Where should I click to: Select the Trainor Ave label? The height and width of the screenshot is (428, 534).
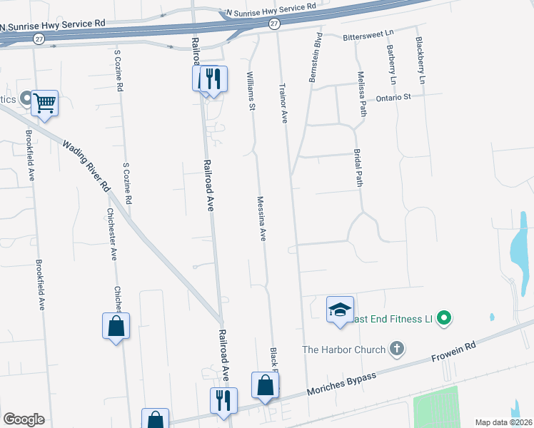283,101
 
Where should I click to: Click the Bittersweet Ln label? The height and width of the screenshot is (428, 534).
368,34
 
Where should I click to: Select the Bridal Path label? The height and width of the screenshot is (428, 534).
358,168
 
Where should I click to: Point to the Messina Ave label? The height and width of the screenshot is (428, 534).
261,218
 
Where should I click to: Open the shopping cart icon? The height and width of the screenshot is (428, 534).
44,103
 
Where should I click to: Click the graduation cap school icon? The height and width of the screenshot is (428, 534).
341,310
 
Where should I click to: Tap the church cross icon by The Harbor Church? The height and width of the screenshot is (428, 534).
398,350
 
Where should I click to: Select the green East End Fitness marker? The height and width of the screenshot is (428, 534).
445,317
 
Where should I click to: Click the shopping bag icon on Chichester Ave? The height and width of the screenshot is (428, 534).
116,327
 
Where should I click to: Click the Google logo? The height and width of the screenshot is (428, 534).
24,419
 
